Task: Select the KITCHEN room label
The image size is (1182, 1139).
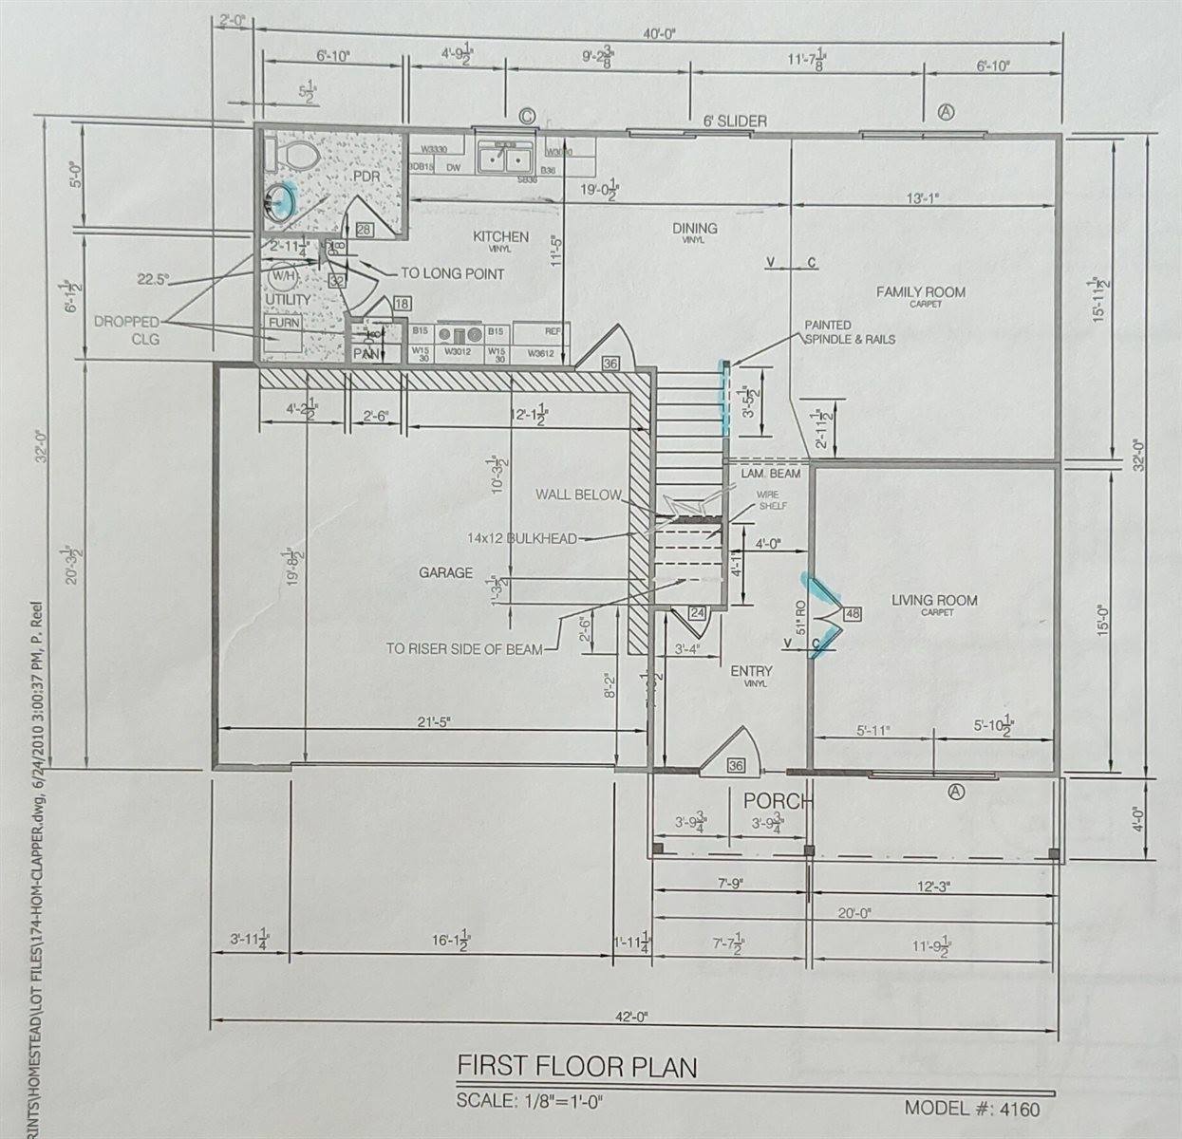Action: [x=500, y=236]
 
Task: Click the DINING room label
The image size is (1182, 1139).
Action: [x=694, y=229]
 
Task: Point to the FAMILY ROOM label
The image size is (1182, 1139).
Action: [x=920, y=292]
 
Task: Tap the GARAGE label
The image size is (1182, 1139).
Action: [x=445, y=572]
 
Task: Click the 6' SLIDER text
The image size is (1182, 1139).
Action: [x=735, y=121]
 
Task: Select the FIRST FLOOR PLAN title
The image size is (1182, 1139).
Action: [x=577, y=1066]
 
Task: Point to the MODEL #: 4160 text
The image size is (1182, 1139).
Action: [x=972, y=1109]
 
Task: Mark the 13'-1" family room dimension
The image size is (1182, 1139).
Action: [x=922, y=198]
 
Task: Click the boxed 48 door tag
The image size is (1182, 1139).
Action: [x=852, y=614]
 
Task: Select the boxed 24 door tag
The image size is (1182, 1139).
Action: [x=699, y=613]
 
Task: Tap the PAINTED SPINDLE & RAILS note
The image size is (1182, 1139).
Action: [x=849, y=332]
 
